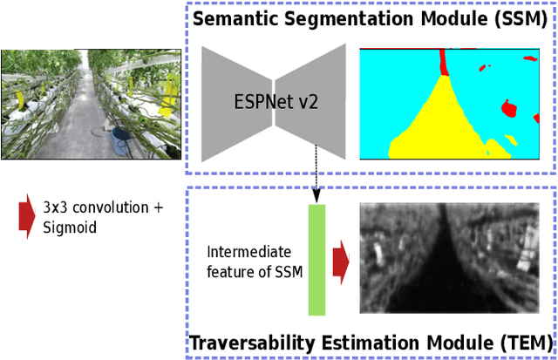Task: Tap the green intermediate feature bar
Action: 316,258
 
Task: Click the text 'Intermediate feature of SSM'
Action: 255,262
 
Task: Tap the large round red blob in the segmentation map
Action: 508,109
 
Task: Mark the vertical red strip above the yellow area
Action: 443,61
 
